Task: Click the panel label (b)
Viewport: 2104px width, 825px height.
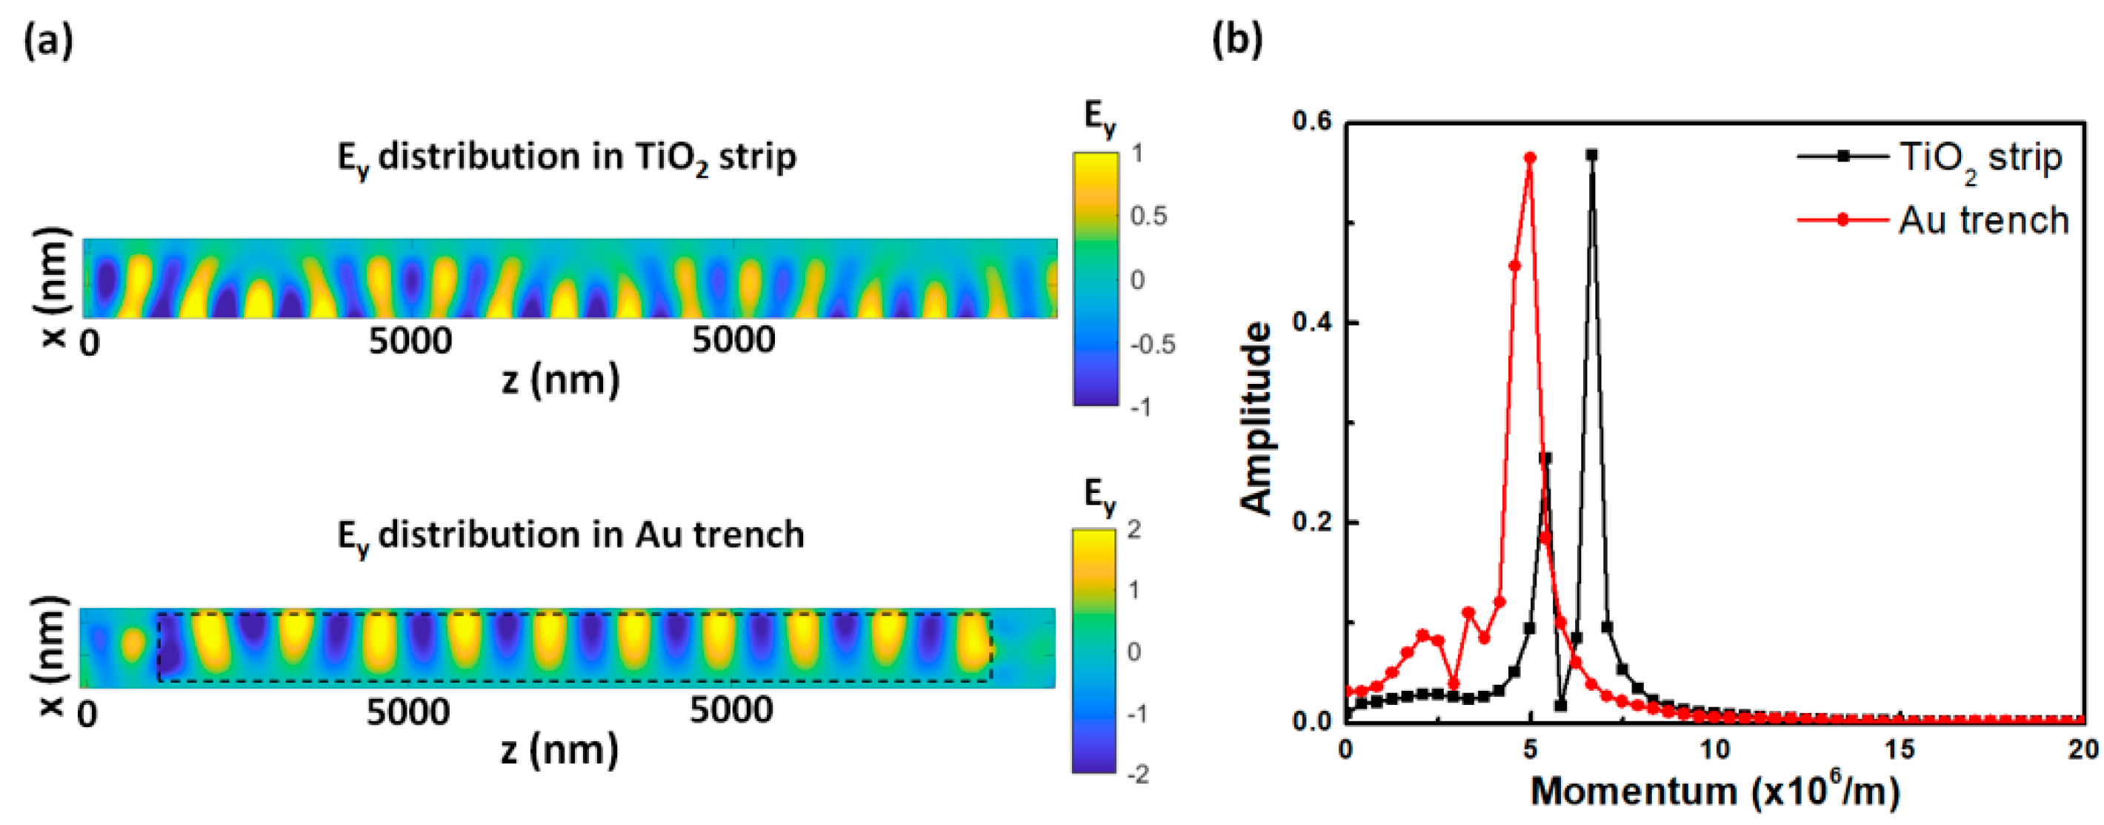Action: click(x=1236, y=39)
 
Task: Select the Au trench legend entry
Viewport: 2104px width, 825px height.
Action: click(x=1983, y=221)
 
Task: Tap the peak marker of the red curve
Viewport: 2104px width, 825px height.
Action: click(x=1530, y=158)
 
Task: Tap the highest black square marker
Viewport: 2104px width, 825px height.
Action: click(x=1592, y=154)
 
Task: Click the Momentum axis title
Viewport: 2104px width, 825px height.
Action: click(x=1714, y=792)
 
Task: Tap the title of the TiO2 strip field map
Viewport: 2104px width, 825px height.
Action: click(x=567, y=157)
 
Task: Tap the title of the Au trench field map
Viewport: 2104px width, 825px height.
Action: click(x=570, y=536)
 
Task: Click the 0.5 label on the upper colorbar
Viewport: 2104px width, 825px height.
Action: click(x=1148, y=216)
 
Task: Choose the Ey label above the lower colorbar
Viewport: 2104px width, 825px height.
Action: click(x=1099, y=495)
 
